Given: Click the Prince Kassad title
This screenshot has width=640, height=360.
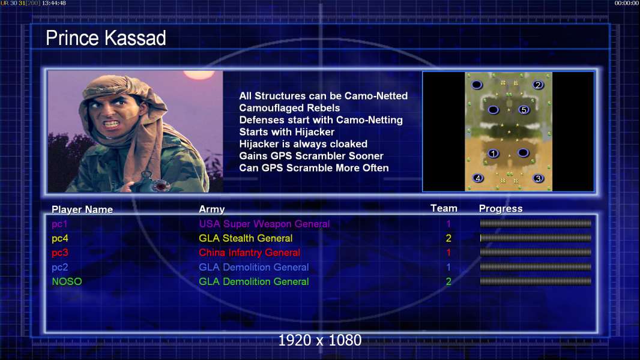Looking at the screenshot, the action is (106, 38).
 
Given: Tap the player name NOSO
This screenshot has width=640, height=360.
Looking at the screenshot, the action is (67, 281).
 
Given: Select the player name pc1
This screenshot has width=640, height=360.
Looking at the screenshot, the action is (59, 224).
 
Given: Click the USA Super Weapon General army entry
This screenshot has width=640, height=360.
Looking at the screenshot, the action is (264, 224).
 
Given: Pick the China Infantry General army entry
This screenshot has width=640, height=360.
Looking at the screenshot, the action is (249, 253).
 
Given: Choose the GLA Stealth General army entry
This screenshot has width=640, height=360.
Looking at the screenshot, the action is (246, 238).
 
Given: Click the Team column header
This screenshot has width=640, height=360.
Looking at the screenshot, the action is (444, 208).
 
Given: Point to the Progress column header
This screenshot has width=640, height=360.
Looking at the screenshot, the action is (500, 209).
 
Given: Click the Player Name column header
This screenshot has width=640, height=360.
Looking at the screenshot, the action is (82, 209).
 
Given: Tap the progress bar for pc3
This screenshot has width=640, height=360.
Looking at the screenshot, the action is (536, 253).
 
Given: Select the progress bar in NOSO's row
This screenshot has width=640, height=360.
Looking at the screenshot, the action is (536, 281).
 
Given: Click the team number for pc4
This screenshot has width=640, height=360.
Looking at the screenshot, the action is (448, 238).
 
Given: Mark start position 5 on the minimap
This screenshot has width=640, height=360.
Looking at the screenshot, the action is (524, 110).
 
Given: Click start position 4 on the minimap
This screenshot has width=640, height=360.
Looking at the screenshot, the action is (478, 178).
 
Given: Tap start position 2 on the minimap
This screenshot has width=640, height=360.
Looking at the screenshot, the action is (538, 85).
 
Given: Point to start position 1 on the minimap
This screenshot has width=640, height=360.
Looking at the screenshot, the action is (494, 154).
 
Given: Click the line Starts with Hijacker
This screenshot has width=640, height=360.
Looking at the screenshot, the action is (286, 132).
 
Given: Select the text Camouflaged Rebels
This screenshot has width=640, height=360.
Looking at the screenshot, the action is (289, 108).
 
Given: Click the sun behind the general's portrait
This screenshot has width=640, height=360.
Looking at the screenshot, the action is (199, 74).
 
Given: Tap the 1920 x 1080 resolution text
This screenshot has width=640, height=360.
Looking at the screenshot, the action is (320, 340).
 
